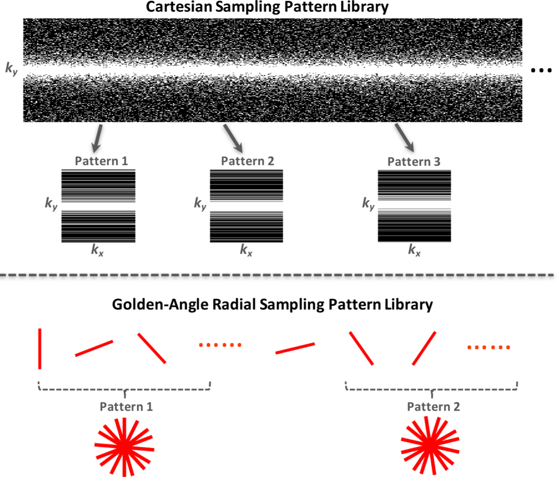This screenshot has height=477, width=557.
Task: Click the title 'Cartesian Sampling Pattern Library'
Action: (267, 7)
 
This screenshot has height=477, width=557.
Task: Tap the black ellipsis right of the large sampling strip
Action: (541, 70)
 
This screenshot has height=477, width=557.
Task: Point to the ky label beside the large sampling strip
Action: (11, 68)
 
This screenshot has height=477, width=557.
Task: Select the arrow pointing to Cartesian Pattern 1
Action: (97, 138)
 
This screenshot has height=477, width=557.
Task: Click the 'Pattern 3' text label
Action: (414, 162)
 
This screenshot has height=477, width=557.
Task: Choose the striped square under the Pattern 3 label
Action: (414, 206)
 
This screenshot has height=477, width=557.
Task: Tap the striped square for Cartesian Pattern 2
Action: (246, 206)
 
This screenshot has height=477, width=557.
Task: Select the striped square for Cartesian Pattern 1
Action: (98, 206)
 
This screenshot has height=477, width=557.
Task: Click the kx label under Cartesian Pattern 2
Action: (246, 250)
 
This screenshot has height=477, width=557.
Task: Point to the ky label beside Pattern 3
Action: (368, 204)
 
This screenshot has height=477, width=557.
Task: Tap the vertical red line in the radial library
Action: (40, 348)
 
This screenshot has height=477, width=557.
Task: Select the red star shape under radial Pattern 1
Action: (124, 447)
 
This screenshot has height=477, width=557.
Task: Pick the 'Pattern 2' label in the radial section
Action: (433, 407)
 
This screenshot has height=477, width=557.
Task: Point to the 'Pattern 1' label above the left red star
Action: (126, 407)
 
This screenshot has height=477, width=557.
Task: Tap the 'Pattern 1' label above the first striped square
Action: (102, 161)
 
